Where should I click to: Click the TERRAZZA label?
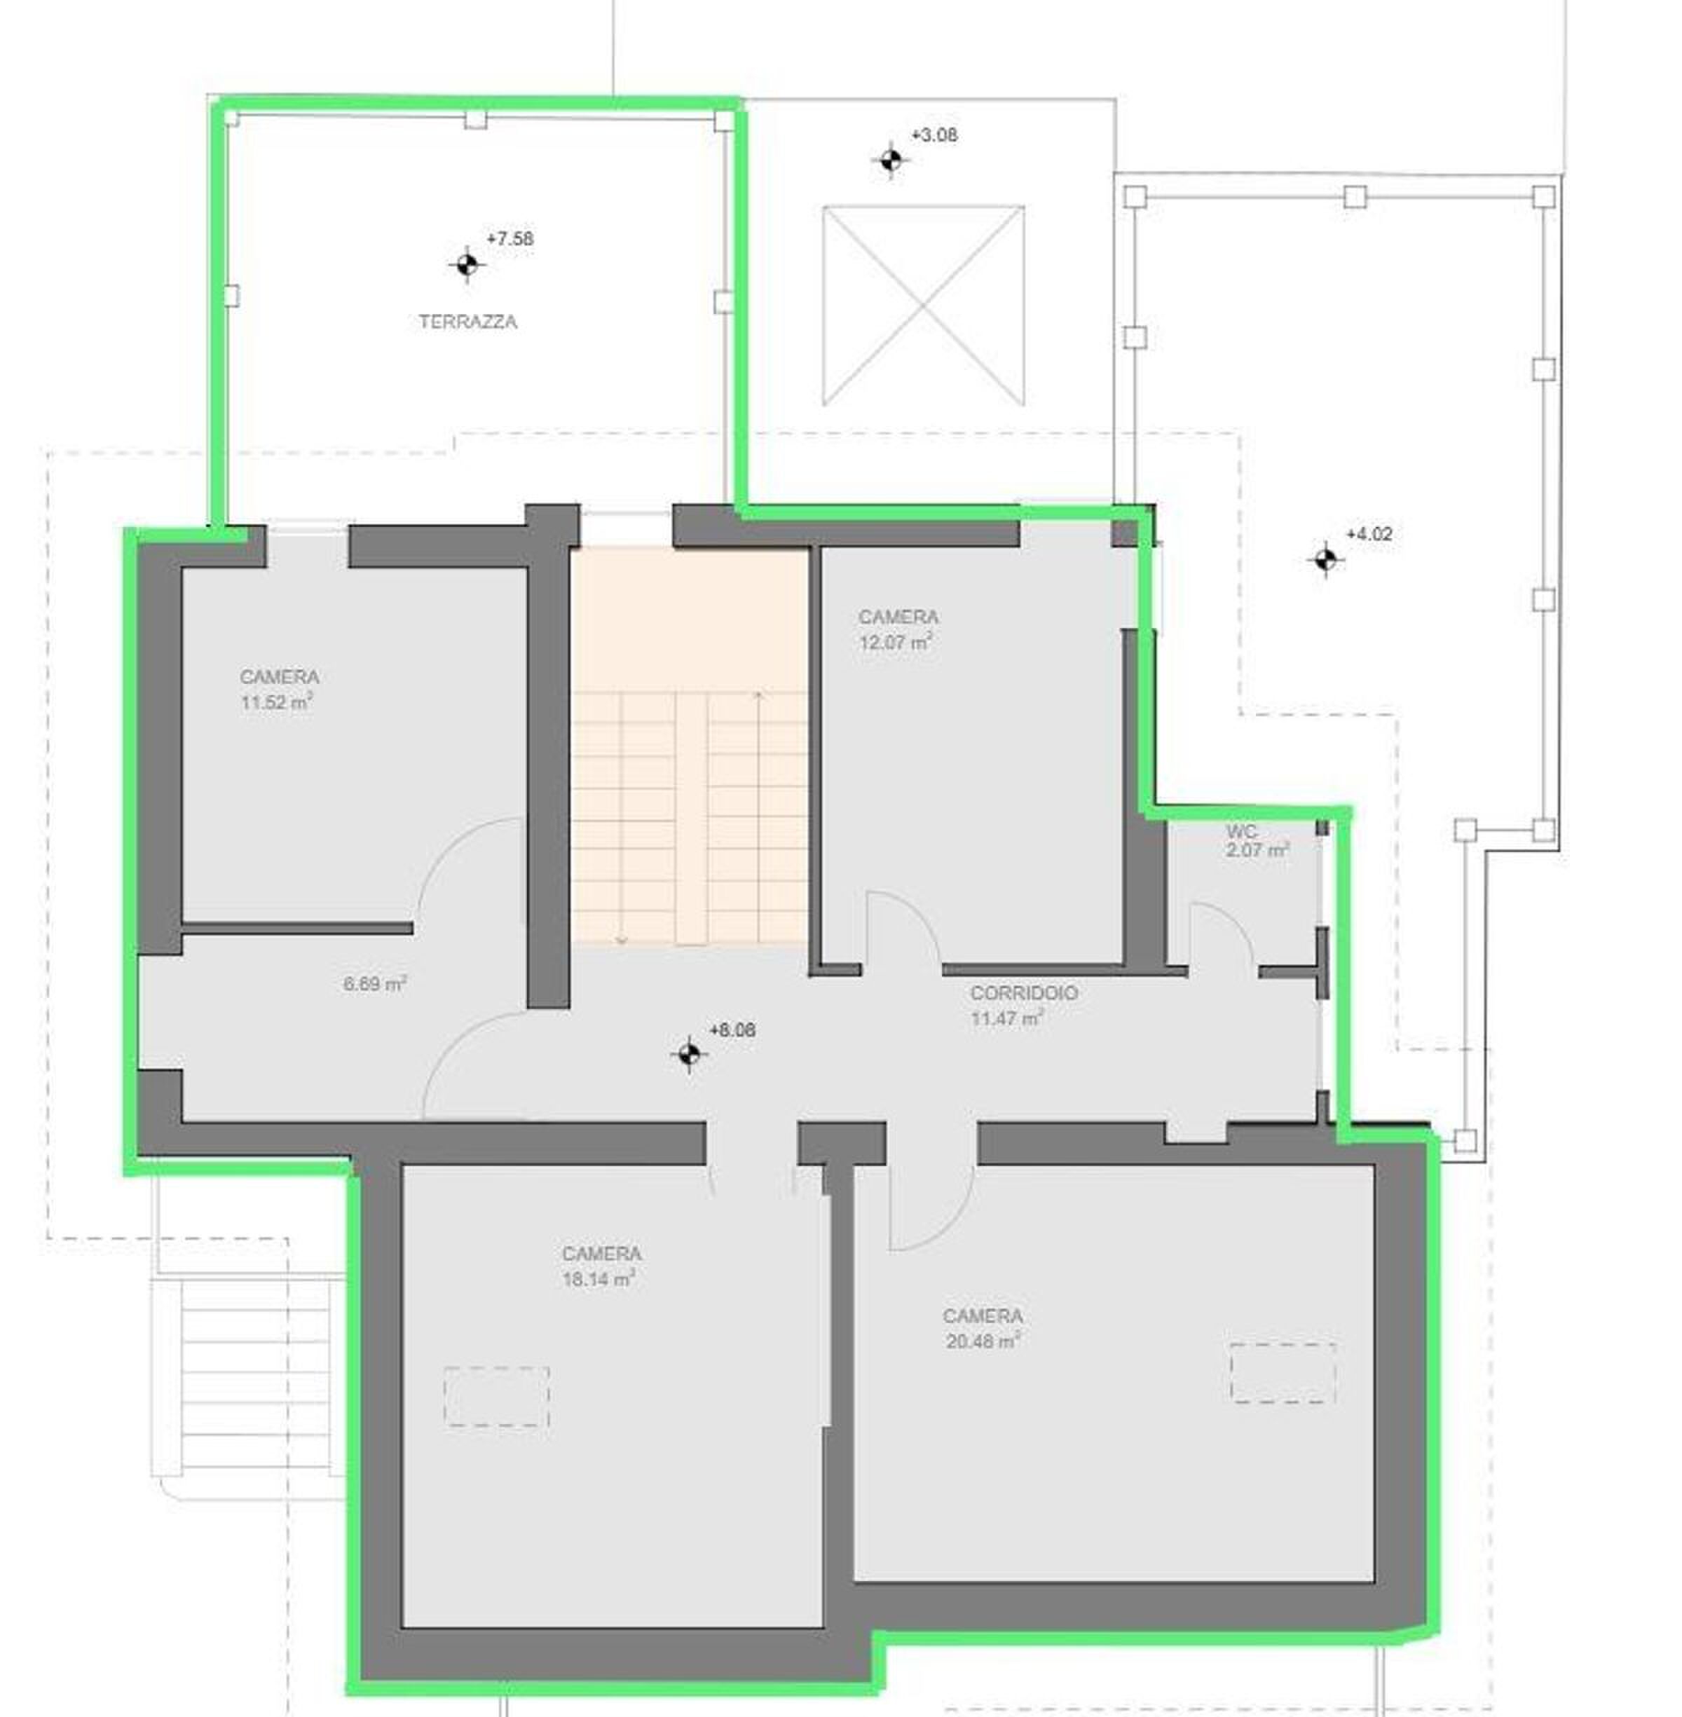tap(467, 322)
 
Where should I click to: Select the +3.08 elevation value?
tap(935, 135)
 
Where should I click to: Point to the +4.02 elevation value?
tap(1369, 533)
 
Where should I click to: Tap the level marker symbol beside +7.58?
tap(467, 264)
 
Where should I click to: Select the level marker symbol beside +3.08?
tap(891, 160)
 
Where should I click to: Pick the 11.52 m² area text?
tap(277, 703)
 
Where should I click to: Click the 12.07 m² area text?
tap(896, 642)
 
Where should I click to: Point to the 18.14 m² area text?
tap(599, 1279)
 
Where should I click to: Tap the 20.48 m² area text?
tap(983, 1341)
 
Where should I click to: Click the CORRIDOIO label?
tap(1024, 993)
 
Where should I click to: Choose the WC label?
tap(1241, 832)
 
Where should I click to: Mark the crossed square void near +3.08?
tap(923, 306)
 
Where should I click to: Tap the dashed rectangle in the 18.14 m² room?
tap(496, 1397)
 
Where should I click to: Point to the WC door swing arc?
tap(1235, 919)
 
